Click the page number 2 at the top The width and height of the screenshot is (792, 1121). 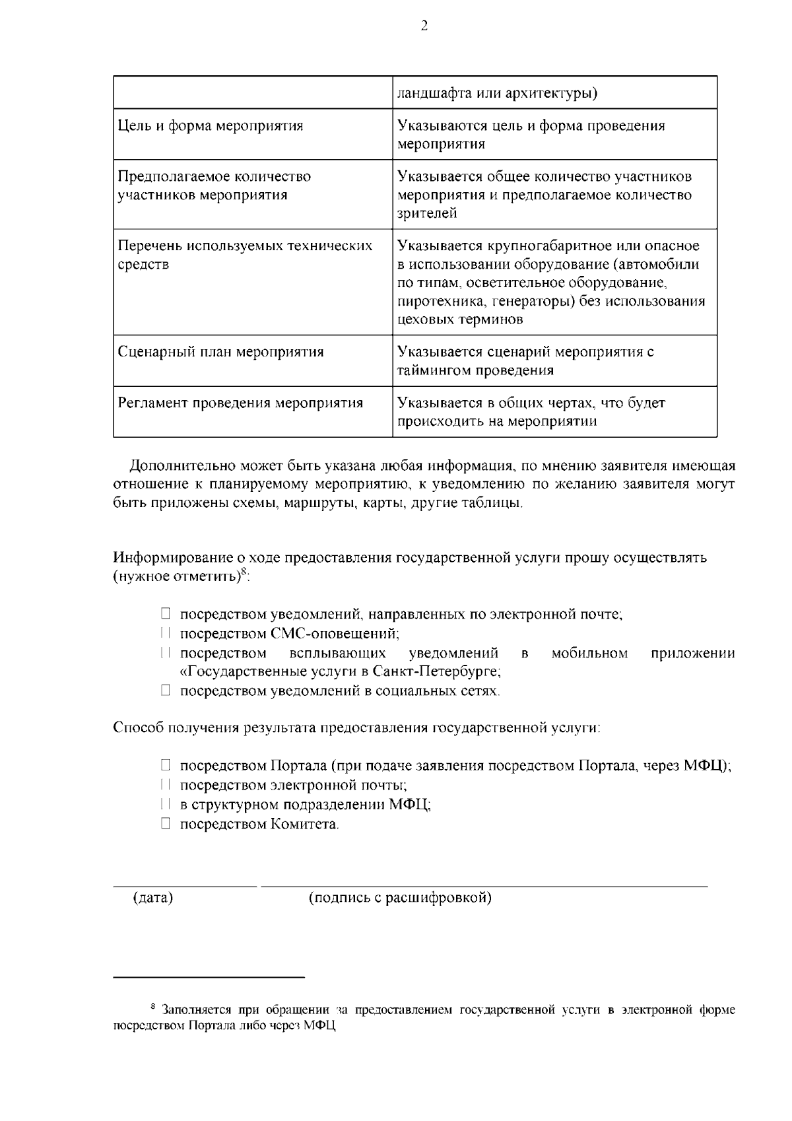pos(424,26)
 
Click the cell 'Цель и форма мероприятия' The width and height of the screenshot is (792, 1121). pos(211,126)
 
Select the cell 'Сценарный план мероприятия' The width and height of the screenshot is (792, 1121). pos(220,352)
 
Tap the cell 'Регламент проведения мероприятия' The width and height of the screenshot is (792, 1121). pos(240,403)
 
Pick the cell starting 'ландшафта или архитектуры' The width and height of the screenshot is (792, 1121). pos(497,93)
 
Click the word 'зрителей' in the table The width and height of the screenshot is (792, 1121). pos(427,213)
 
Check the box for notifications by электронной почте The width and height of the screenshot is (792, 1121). pos(166,615)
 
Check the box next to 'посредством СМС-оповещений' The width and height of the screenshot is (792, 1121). pos(166,634)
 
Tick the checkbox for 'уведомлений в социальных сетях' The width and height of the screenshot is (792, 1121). pos(166,691)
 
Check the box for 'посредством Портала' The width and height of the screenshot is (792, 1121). pos(166,766)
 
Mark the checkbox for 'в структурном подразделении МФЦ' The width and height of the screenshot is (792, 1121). pos(166,805)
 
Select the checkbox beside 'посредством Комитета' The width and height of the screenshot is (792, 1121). pos(166,824)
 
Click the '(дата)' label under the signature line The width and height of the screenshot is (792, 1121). pos(153,899)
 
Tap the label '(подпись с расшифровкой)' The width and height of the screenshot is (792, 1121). pos(400,899)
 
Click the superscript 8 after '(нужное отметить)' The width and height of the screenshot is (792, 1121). pos(244,572)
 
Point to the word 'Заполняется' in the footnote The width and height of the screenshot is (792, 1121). pos(192,1010)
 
